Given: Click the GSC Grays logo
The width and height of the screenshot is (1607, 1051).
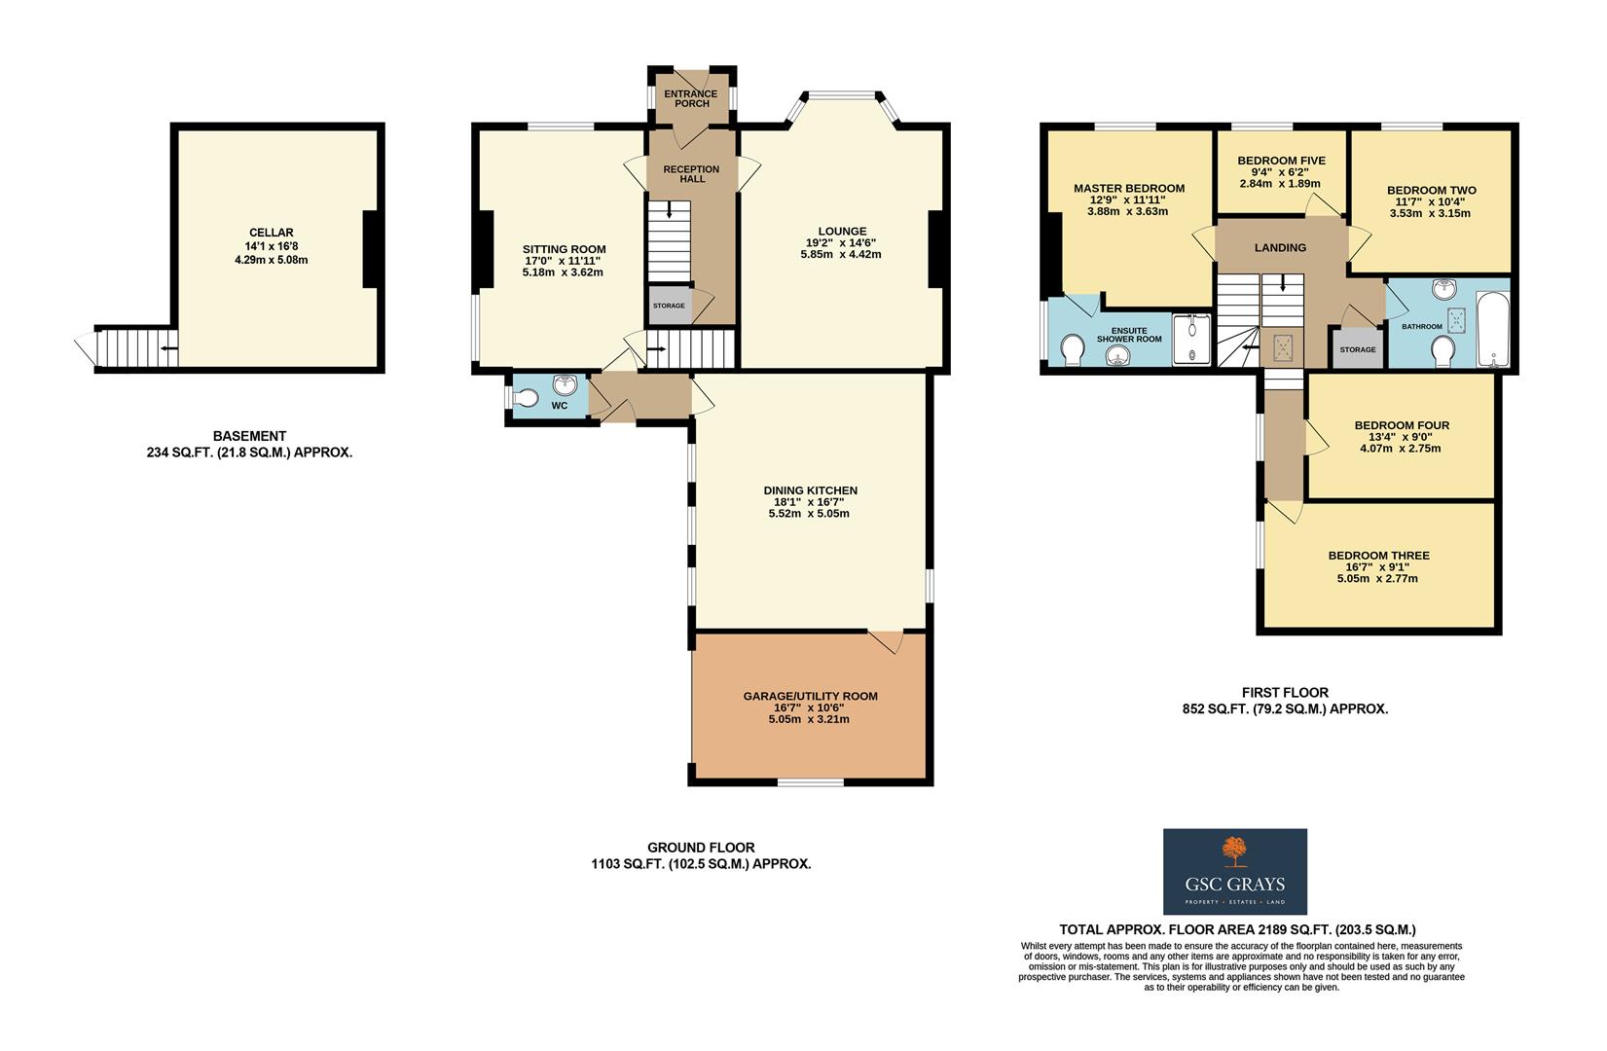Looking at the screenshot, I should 1235,871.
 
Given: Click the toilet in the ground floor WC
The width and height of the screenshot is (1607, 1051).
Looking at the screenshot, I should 527,398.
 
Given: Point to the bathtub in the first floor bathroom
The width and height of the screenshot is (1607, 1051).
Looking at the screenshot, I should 1491,329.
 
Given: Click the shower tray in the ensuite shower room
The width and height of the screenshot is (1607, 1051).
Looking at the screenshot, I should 1190,341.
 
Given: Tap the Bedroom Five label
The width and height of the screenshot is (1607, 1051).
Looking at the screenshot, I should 1281,161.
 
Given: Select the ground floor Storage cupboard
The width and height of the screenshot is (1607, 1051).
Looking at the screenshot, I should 669,306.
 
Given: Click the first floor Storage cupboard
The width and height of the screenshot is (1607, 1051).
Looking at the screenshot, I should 1357,348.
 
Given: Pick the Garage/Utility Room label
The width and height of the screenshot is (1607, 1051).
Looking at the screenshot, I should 810,696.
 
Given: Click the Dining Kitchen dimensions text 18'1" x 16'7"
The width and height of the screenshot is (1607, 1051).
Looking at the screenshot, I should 809,502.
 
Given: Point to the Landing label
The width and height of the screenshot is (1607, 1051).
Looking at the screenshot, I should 1280,247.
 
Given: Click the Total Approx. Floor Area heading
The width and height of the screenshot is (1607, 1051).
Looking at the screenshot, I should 1237,930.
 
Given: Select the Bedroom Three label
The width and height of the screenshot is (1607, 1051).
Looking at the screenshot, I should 1378,556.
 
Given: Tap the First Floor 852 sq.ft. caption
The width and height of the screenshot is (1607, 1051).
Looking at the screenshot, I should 1278,701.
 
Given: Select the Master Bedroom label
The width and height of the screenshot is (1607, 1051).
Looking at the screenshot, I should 1128,188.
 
